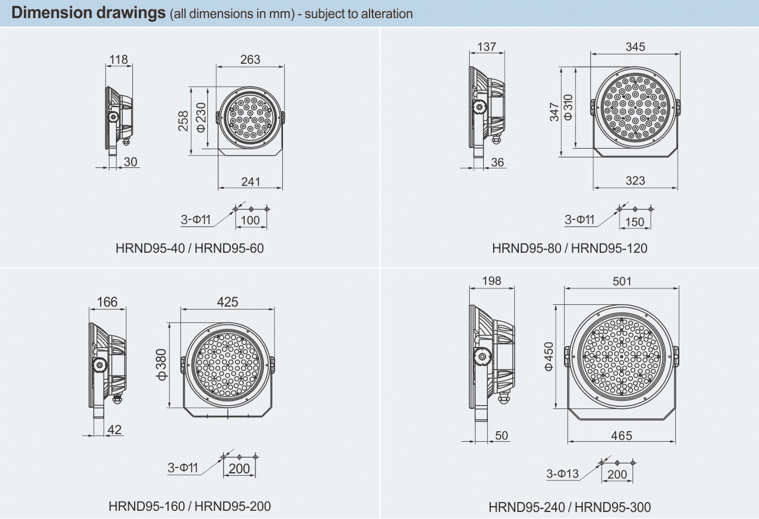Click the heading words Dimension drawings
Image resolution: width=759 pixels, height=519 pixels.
click(x=88, y=13)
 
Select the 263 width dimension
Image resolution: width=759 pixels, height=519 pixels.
click(x=250, y=59)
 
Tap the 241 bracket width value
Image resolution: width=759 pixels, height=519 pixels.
click(x=251, y=182)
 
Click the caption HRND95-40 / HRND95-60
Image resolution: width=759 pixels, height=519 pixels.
click(x=190, y=248)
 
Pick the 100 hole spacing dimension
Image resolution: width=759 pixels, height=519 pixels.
click(x=251, y=220)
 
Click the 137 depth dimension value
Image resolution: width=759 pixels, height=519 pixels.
click(x=486, y=47)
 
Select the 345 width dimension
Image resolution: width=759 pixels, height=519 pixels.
click(x=635, y=47)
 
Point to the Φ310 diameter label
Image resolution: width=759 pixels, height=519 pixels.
click(x=568, y=108)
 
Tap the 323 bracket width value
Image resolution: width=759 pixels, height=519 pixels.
click(x=635, y=181)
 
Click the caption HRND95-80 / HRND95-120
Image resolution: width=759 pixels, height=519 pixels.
click(x=570, y=248)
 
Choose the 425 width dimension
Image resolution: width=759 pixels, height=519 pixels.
click(x=227, y=301)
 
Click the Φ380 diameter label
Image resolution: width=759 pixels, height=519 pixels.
click(x=161, y=365)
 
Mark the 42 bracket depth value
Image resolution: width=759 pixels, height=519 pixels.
click(x=115, y=429)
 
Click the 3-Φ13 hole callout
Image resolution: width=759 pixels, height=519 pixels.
click(x=562, y=474)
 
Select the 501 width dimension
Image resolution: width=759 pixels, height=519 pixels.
click(x=622, y=281)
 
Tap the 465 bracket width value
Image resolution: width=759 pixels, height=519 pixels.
click(x=621, y=435)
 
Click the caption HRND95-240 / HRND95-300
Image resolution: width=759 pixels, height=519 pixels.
click(x=570, y=507)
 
